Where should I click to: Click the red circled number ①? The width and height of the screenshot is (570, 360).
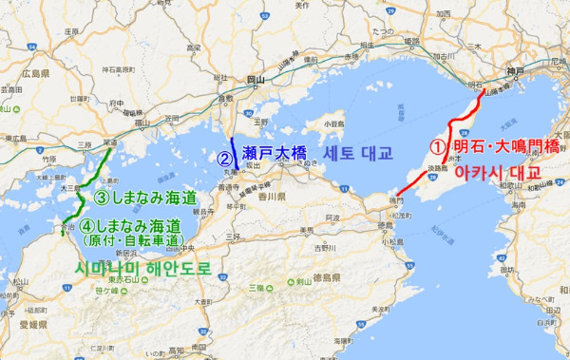click(438, 148)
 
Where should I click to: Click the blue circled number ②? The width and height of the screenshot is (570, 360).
click(224, 159)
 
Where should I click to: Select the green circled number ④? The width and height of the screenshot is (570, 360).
click(86, 227)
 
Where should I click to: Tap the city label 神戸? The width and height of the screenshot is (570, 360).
click(516, 74)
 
